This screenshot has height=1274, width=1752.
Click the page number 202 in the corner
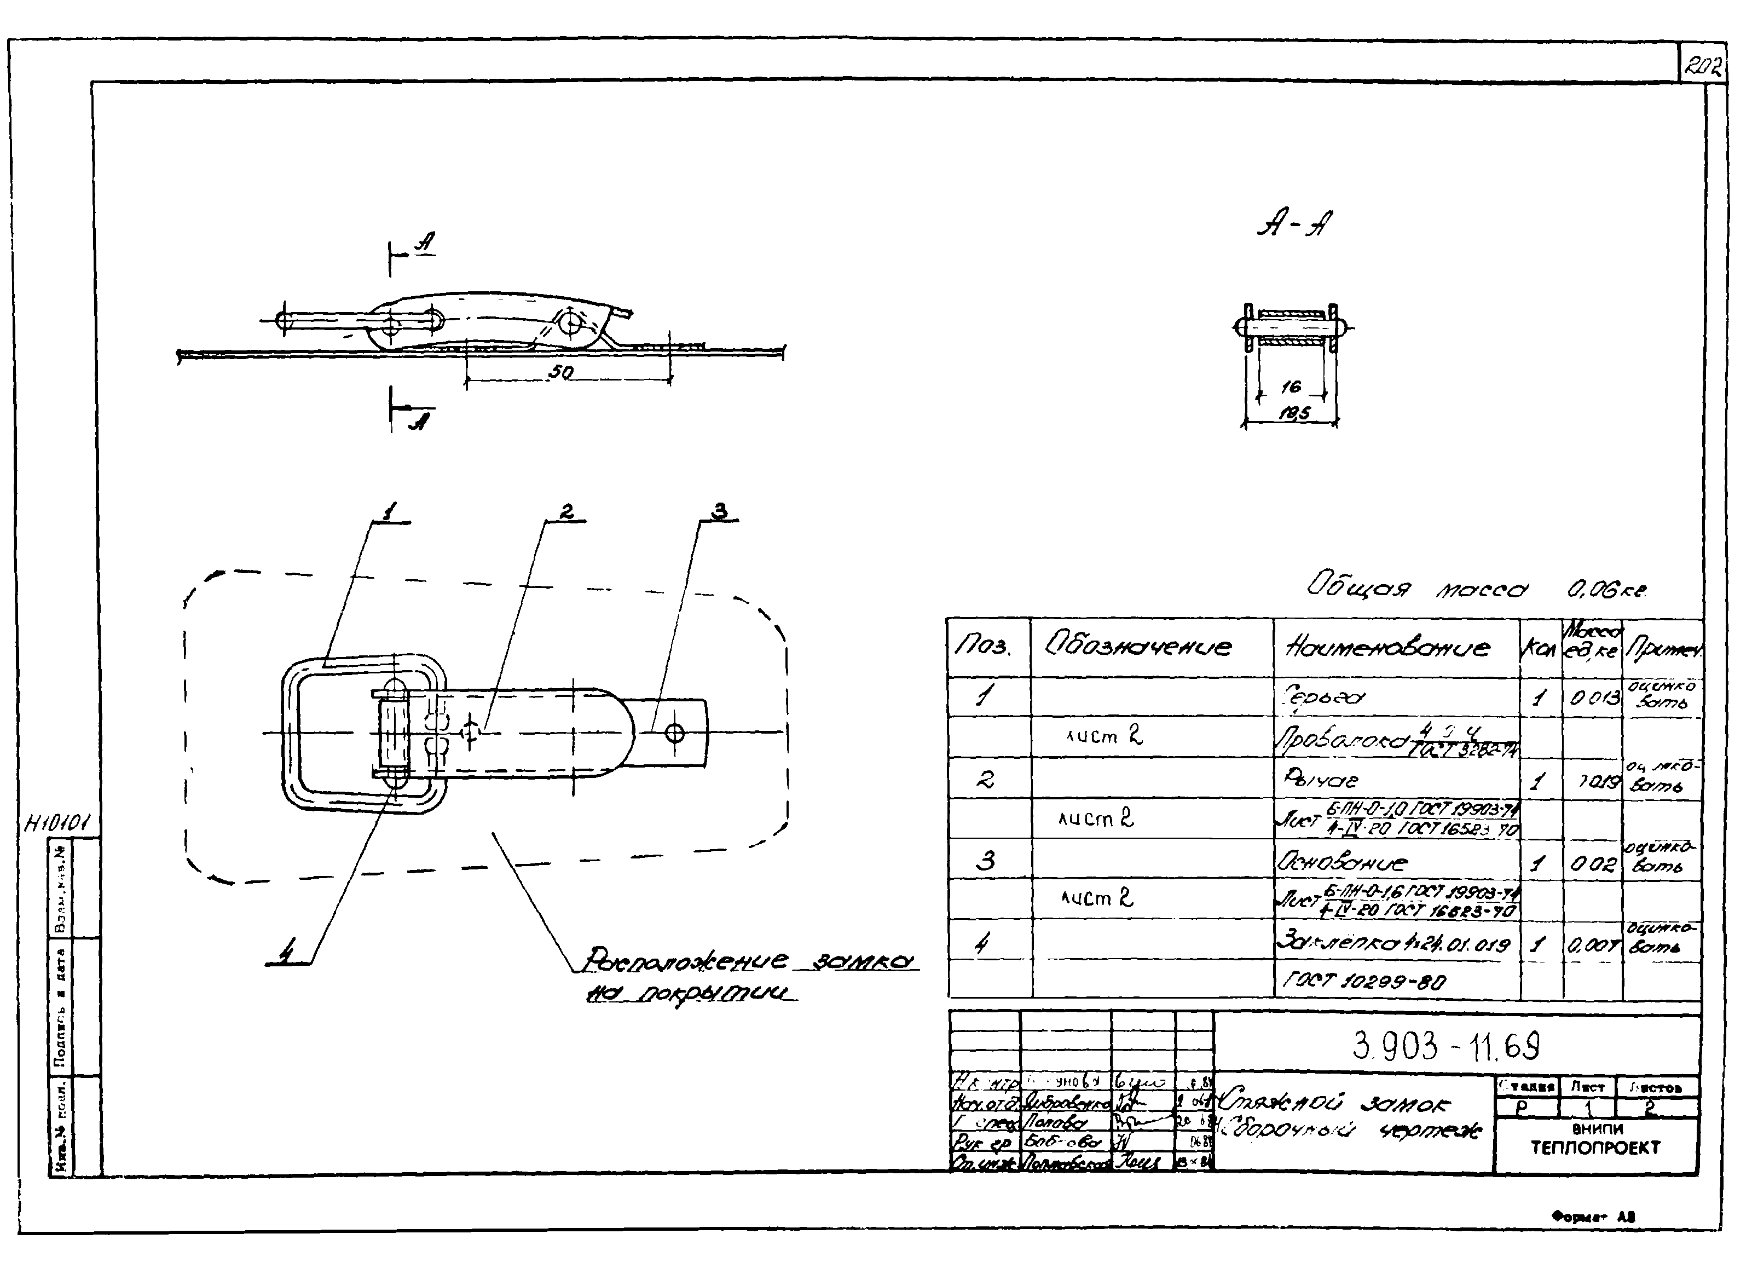point(1703,67)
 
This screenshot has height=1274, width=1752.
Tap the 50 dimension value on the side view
point(562,372)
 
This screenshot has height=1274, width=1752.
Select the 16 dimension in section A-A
point(1290,387)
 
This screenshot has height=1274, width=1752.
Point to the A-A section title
point(1294,225)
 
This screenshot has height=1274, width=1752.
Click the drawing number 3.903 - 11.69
point(1446,1047)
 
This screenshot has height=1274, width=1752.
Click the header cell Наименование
point(1386,647)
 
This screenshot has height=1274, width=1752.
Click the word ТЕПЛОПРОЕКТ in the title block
point(1596,1148)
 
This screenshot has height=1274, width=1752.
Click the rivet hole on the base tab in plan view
point(674,733)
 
